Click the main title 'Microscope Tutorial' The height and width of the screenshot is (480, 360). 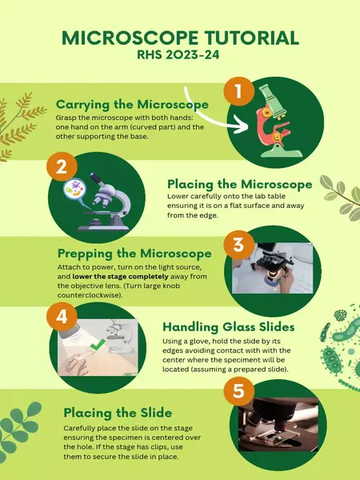click(x=180, y=38)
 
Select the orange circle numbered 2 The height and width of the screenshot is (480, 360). click(x=61, y=168)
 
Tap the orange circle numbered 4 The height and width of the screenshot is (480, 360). click(x=61, y=318)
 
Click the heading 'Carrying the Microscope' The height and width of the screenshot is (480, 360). click(x=132, y=105)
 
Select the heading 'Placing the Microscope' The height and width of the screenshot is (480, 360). click(x=239, y=184)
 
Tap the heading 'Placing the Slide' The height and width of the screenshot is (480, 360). click(x=118, y=412)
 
